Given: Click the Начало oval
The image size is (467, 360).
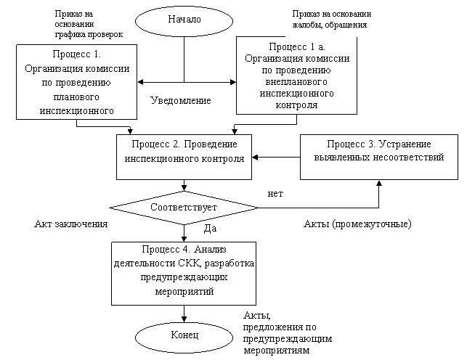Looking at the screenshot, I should pos(184,20).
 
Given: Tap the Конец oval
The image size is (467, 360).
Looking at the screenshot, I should pos(184,335).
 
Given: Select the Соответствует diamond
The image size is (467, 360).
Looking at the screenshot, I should pos(184,208).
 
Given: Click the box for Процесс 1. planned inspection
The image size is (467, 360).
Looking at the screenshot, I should pos(77,82).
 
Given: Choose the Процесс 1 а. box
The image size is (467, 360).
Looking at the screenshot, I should pos(296,75).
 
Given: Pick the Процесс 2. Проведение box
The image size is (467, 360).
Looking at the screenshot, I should pos(184,155).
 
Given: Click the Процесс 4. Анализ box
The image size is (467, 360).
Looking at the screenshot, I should pos(184,273).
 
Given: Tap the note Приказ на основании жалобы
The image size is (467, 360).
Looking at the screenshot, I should pos(334,20).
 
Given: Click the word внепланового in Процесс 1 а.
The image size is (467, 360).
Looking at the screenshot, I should pos(297,82).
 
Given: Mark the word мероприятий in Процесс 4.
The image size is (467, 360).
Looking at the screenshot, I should pos(184,290).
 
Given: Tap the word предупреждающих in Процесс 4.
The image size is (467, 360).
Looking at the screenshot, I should pos(184,277).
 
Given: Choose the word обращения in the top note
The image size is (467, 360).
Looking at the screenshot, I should pos(347,25).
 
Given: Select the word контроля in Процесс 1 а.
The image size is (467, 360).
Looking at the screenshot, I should pos(296,105).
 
